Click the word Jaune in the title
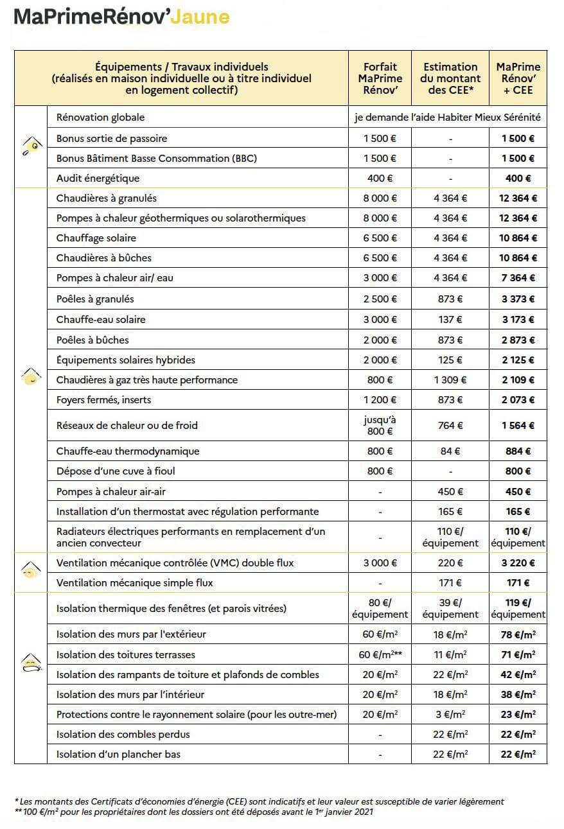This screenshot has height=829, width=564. click(x=200, y=17)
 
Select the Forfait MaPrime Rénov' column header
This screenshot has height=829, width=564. click(x=380, y=78)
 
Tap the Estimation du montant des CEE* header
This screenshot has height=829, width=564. click(x=450, y=78)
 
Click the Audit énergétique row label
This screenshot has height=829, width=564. click(x=98, y=178)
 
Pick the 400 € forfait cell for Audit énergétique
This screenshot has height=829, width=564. click(x=380, y=178)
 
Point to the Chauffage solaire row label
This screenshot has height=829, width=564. click(x=96, y=238)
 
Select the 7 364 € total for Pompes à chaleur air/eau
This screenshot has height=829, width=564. click(x=518, y=278)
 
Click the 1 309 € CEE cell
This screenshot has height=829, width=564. click(x=450, y=380)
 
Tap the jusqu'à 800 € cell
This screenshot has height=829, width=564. click(x=380, y=425)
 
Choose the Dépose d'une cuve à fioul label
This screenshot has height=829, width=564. click(x=116, y=471)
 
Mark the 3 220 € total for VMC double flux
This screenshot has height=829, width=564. click(x=518, y=563)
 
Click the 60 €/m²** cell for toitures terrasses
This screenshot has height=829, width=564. click(x=380, y=654)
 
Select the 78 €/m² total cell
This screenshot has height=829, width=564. click(x=518, y=634)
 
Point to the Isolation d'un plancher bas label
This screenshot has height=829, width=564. click(x=118, y=754)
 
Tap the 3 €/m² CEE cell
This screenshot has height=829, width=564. click(x=450, y=714)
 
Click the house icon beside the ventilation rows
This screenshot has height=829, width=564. click(x=30, y=569)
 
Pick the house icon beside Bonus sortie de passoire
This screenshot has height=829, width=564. click(x=30, y=146)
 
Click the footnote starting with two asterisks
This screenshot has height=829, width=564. click(x=193, y=812)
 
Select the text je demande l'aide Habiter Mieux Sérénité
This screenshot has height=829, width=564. click(x=447, y=117)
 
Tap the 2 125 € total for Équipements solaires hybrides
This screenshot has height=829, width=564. click(x=518, y=360)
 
